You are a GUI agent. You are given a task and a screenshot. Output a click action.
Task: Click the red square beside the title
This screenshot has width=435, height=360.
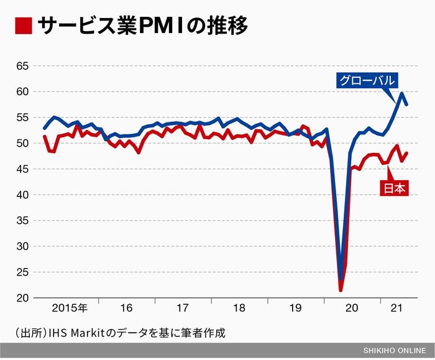23,26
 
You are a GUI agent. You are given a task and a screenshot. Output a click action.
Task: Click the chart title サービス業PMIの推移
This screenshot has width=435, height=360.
143,26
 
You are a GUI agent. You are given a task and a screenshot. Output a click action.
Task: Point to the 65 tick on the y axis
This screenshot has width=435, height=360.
22,66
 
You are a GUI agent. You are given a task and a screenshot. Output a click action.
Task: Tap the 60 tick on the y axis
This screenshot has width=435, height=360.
22,91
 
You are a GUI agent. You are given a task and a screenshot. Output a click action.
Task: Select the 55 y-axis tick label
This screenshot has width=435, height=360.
22,118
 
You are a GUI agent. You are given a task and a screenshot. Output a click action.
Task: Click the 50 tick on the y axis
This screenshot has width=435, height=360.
22,143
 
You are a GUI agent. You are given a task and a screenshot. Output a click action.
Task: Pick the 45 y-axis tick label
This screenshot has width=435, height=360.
22,169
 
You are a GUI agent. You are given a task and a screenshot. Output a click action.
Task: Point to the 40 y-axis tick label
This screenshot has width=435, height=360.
22,195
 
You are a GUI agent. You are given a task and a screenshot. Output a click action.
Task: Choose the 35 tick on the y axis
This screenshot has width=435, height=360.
22,221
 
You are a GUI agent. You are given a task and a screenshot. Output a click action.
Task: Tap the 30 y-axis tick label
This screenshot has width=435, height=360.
22,246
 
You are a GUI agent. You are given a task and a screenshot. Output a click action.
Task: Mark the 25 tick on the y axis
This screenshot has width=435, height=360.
22,272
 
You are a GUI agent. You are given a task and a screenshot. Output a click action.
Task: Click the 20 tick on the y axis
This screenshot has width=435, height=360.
22,298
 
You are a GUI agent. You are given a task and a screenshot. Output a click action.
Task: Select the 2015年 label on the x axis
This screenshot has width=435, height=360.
70,308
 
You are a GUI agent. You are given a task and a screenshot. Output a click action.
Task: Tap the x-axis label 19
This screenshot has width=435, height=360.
296,308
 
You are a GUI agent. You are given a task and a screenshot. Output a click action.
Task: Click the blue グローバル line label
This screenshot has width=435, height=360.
367,80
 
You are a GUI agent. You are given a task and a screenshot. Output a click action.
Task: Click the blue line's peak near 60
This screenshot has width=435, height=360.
402,93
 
